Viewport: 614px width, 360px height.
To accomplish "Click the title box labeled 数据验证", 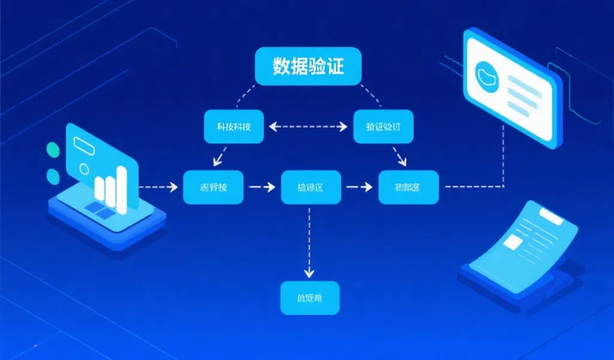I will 308,66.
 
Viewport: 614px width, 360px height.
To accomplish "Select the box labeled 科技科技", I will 233,127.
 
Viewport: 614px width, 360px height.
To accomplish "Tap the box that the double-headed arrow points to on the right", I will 383,127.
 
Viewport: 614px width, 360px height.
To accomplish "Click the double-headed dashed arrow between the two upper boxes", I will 308,127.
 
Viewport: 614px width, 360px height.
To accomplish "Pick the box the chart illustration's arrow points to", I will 213,187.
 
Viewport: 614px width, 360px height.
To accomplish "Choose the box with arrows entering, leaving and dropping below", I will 311,188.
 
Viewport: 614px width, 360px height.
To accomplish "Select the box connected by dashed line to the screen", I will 408,188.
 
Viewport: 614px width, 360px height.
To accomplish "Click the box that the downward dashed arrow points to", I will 309,297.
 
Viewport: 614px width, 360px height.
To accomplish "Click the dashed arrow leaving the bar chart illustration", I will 159,187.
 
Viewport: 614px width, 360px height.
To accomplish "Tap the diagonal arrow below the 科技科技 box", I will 219,157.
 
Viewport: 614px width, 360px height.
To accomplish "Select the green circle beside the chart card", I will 53,149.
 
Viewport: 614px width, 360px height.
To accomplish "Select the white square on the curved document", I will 513,242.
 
